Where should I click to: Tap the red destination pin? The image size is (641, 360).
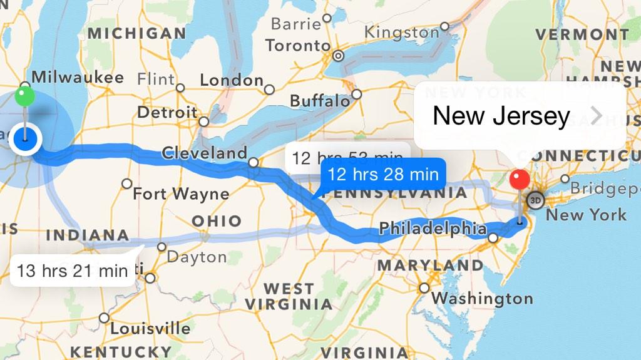520,180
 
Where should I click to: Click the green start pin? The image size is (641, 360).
24,96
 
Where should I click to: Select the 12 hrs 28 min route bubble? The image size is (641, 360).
382,174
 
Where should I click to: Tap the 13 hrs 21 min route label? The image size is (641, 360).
73,270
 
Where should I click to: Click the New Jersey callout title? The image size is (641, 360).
501,116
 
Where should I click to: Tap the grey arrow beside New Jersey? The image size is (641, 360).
597,116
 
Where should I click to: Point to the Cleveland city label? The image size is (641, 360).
204,153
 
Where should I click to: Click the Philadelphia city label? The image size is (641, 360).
433,229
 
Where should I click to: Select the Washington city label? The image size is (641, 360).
481,299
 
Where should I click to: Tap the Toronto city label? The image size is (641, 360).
297,46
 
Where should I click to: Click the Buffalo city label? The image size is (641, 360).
320,101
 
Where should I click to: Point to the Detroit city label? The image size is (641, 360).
167,113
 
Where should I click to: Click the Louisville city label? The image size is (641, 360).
150,328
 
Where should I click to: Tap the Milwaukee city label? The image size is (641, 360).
78,77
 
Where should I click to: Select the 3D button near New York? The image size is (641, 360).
535,200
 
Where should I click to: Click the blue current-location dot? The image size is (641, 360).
25,138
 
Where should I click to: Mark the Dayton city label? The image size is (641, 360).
197,257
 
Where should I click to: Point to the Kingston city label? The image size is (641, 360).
401,32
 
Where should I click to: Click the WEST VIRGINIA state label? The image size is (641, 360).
289,297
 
